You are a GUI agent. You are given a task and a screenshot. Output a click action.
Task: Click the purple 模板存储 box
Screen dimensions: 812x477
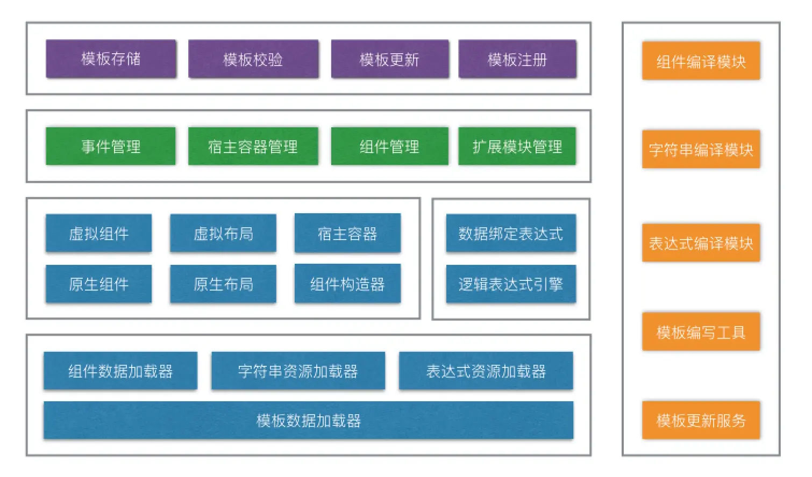[111, 59]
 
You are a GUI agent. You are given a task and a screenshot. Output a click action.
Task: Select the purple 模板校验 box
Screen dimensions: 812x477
[253, 59]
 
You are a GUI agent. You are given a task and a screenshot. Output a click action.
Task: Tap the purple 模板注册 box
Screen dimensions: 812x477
[517, 59]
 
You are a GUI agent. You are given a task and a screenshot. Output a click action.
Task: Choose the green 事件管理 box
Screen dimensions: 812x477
[111, 146]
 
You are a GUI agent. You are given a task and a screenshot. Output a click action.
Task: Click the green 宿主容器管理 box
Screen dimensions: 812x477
[253, 146]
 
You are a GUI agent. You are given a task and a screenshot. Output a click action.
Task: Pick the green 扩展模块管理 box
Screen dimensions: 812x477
[517, 146]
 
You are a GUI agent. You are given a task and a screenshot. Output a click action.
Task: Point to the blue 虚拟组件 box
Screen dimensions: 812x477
[98, 233]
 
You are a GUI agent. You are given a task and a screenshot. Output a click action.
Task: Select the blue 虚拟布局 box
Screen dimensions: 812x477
[223, 233]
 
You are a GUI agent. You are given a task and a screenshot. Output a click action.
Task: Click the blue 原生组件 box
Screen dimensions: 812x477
[98, 284]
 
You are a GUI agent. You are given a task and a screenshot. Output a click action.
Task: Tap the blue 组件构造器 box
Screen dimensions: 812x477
[347, 284]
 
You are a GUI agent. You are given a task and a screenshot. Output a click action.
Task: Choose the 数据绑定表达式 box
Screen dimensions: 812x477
[511, 233]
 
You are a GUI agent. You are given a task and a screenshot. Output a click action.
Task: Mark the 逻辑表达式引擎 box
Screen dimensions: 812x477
[511, 284]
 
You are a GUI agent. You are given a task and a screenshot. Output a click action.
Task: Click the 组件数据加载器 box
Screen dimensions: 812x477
[120, 371]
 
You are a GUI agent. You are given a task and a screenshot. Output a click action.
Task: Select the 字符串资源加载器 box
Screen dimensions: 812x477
[298, 371]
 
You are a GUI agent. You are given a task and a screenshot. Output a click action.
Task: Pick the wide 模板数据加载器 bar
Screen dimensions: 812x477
[309, 420]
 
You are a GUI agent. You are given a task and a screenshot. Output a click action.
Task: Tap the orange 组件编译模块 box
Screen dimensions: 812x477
[701, 61]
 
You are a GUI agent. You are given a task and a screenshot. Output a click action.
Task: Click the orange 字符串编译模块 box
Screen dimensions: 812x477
[701, 149]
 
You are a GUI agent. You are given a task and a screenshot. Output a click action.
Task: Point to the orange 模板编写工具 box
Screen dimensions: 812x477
[701, 331]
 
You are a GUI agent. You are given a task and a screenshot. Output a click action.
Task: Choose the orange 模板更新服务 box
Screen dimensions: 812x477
[701, 420]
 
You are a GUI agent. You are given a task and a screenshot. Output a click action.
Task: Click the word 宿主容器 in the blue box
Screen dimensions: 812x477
[347, 234]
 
